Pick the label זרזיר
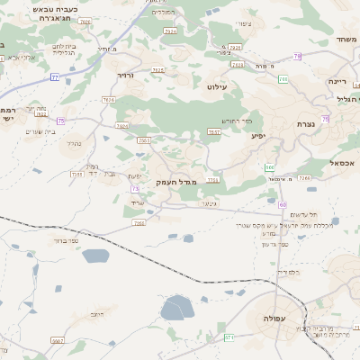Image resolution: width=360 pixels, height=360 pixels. pyautogui.click(x=126, y=76)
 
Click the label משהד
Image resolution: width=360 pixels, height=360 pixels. pyautogui.click(x=346, y=40)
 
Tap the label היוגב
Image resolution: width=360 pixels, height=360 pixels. pyautogui.click(x=96, y=314)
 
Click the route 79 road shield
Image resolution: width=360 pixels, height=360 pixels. pyautogui.click(x=297, y=56)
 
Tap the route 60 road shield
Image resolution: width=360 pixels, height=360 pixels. pyautogui.click(x=270, y=167)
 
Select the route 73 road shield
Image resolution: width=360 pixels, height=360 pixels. pyautogui.click(x=136, y=188)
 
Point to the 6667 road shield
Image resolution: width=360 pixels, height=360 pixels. pyautogui.click(x=58, y=341)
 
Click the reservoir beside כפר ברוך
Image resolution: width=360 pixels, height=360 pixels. pyautogui.click(x=94, y=256)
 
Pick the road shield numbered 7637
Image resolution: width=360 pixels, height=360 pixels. pyautogui.click(x=214, y=132)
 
